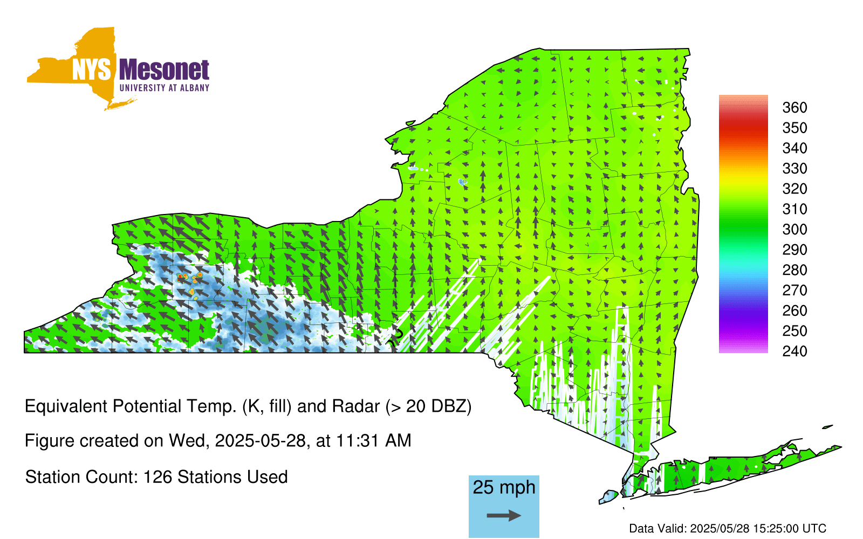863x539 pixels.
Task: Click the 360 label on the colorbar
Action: tap(794, 107)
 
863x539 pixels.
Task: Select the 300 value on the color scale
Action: tap(794, 230)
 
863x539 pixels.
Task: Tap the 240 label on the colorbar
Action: tap(794, 351)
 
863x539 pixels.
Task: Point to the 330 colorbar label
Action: tap(794, 168)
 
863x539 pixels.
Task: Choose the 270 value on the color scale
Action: tap(794, 291)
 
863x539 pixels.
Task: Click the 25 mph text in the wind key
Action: tap(504, 488)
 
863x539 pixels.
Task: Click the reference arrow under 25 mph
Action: tap(504, 515)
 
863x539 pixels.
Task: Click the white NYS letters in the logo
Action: tap(91, 70)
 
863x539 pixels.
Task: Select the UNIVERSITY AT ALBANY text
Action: tap(165, 88)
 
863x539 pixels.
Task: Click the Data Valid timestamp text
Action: tap(728, 528)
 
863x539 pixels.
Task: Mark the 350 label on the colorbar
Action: tap(794, 128)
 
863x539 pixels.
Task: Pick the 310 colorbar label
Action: tap(794, 209)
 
